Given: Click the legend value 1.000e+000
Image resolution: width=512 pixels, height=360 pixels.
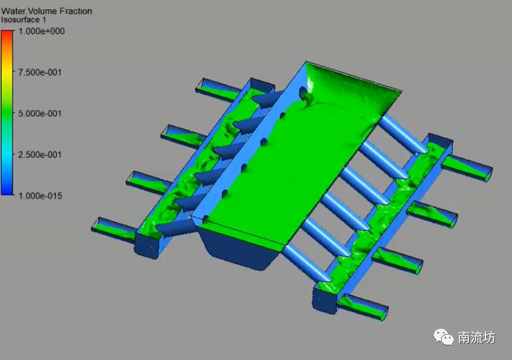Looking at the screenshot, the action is (x=42, y=31).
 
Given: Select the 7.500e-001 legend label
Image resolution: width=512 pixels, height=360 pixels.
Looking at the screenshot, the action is (x=40, y=72).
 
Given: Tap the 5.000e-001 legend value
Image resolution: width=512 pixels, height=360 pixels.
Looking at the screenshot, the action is (x=40, y=113).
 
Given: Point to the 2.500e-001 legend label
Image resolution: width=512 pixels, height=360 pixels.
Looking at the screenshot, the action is (x=40, y=154).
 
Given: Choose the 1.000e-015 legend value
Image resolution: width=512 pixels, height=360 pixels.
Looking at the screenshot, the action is (x=40, y=196).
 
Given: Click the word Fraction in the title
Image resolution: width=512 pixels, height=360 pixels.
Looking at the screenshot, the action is (x=76, y=11).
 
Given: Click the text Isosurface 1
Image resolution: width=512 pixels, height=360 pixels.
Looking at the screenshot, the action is (x=23, y=20).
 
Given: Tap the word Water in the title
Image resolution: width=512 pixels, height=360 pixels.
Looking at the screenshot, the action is (x=13, y=11).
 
